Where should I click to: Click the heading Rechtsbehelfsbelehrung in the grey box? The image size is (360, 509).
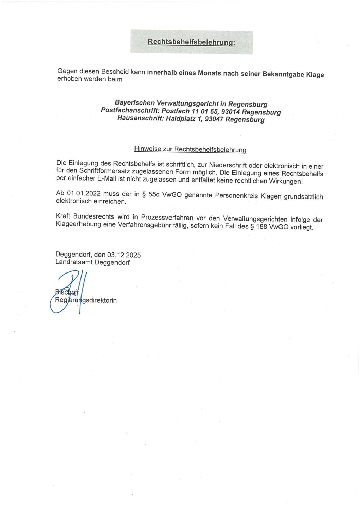point(192,42)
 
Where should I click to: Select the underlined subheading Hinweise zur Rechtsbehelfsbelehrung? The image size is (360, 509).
point(190,149)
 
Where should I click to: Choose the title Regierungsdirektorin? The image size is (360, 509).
point(86,300)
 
